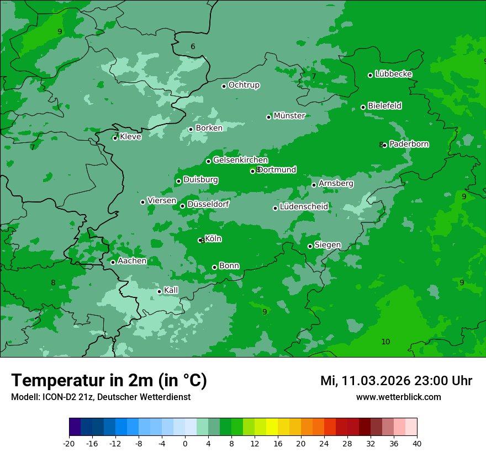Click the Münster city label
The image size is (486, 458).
tap(289, 116)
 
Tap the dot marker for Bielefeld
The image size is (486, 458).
tap(363, 107)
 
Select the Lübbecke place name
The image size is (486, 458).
tap(393, 74)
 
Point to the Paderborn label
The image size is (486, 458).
tap(409, 144)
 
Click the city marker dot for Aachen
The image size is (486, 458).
tap(113, 262)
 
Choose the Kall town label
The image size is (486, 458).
tap(171, 290)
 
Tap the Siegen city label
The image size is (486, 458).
tap(327, 245)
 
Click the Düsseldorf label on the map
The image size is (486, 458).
tap(208, 204)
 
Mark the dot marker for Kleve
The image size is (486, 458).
tap(115, 138)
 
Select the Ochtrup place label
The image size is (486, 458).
tap(244, 85)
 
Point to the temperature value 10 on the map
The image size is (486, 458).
tap(385, 342)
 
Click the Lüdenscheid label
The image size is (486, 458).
tap(304, 207)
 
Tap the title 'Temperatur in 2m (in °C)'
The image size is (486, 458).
tap(109, 380)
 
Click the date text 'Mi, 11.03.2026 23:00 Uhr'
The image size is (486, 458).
tap(396, 381)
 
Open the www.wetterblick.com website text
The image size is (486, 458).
tap(398, 397)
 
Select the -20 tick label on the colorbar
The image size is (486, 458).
tap(69, 443)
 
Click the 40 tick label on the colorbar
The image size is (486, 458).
tap(417, 443)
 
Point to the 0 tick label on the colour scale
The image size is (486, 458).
tap(185, 443)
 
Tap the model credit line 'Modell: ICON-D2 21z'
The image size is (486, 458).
tap(101, 397)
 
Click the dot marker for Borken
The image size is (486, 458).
tap(191, 129)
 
